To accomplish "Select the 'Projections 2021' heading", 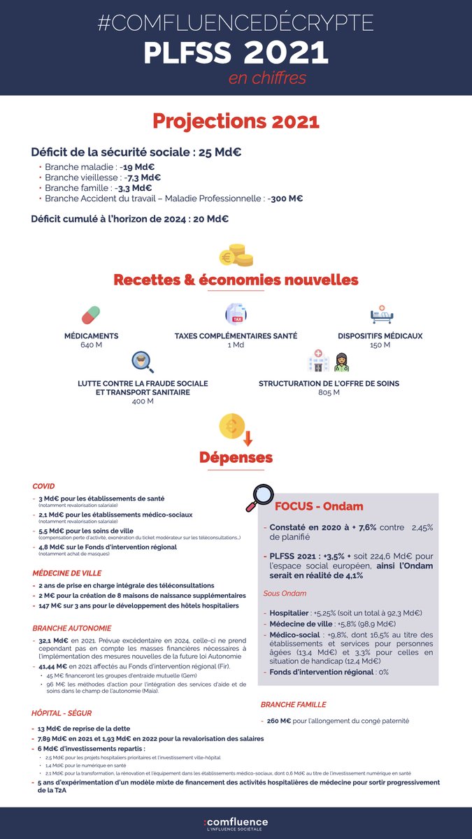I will coord(236,121).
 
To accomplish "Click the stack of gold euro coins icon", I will coord(236,255).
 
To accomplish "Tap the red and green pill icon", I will coord(91,315).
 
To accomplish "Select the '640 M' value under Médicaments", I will coord(91,345).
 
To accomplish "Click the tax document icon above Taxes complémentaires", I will coord(236,314).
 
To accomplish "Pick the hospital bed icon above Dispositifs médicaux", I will coord(381,315).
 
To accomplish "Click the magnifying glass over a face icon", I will coord(142,361).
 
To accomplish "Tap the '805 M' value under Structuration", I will coord(329,393).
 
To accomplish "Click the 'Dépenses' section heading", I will coord(236,458).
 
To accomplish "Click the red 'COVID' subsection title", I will coord(43,486).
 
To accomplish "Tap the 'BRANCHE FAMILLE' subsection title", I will coord(293,705).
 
